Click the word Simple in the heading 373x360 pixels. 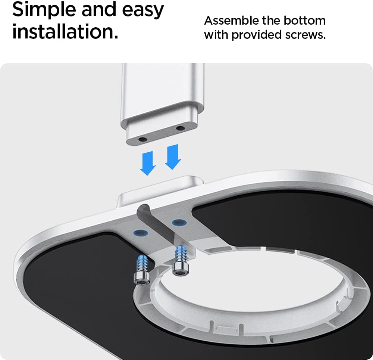click(x=44, y=10)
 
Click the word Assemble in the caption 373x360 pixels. click(x=231, y=21)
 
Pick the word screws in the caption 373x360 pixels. click(x=305, y=35)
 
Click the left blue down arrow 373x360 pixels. click(x=148, y=164)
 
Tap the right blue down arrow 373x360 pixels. click(x=173, y=157)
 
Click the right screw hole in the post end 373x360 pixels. click(x=181, y=128)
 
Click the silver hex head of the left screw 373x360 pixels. click(x=142, y=278)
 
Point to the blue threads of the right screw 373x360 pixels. click(x=181, y=254)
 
